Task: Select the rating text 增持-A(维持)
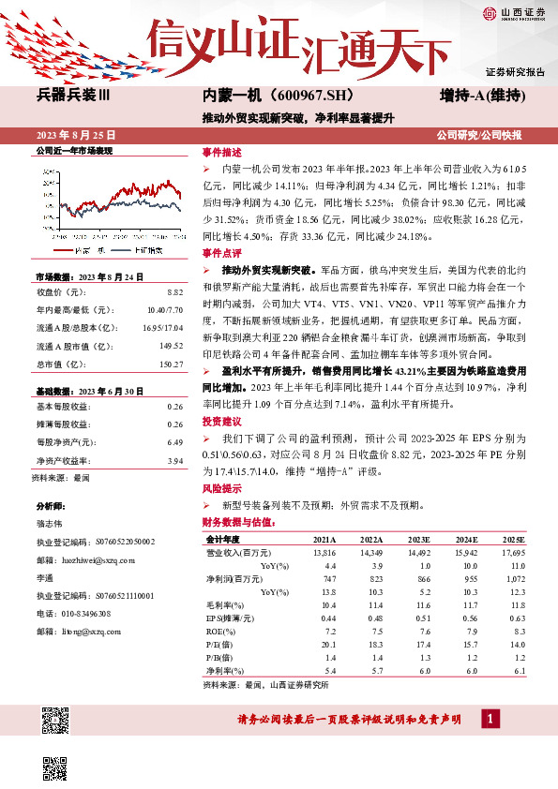click(481, 96)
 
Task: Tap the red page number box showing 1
click(489, 720)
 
